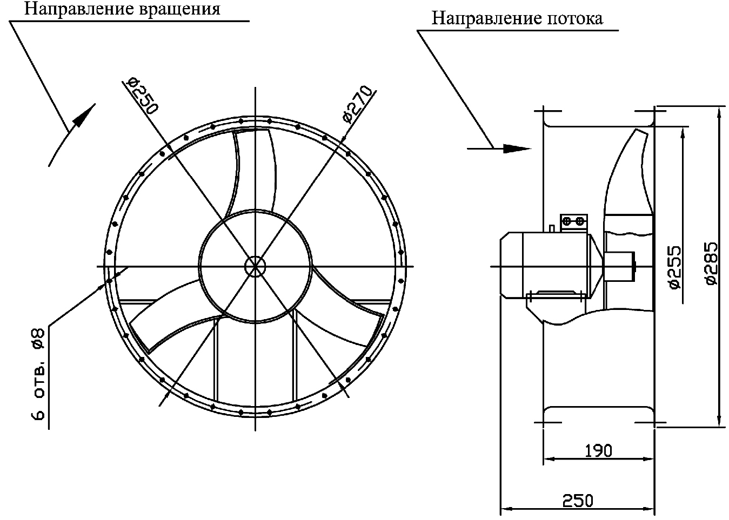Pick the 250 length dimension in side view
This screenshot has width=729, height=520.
578,500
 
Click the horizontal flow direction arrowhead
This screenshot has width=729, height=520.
516,147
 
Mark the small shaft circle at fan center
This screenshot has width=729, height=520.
255,265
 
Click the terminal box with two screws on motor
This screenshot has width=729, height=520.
573,221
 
